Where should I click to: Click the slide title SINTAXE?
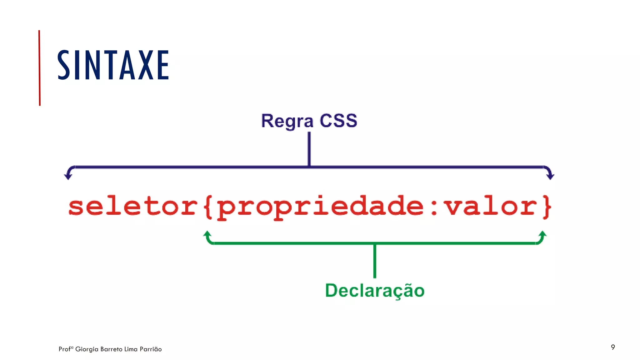[x=113, y=65]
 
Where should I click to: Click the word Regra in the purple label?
[x=287, y=121]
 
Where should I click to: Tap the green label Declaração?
[x=375, y=291]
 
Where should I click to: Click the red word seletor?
[x=133, y=207]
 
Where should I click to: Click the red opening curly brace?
[x=208, y=207]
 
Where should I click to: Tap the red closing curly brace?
[x=546, y=207]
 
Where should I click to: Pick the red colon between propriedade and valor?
[x=434, y=207]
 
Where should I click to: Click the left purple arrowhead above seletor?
[x=68, y=176]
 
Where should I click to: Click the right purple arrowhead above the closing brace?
[x=550, y=176]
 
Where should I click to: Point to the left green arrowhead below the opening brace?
[x=207, y=234]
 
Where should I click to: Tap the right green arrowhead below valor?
[x=543, y=234]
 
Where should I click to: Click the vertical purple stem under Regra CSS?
[x=309, y=148]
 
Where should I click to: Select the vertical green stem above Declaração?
[x=375, y=261]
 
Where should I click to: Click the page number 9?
[x=613, y=347]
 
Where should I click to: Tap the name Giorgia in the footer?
[x=87, y=349]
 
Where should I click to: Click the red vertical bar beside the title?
[x=39, y=68]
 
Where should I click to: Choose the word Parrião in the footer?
[x=151, y=349]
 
